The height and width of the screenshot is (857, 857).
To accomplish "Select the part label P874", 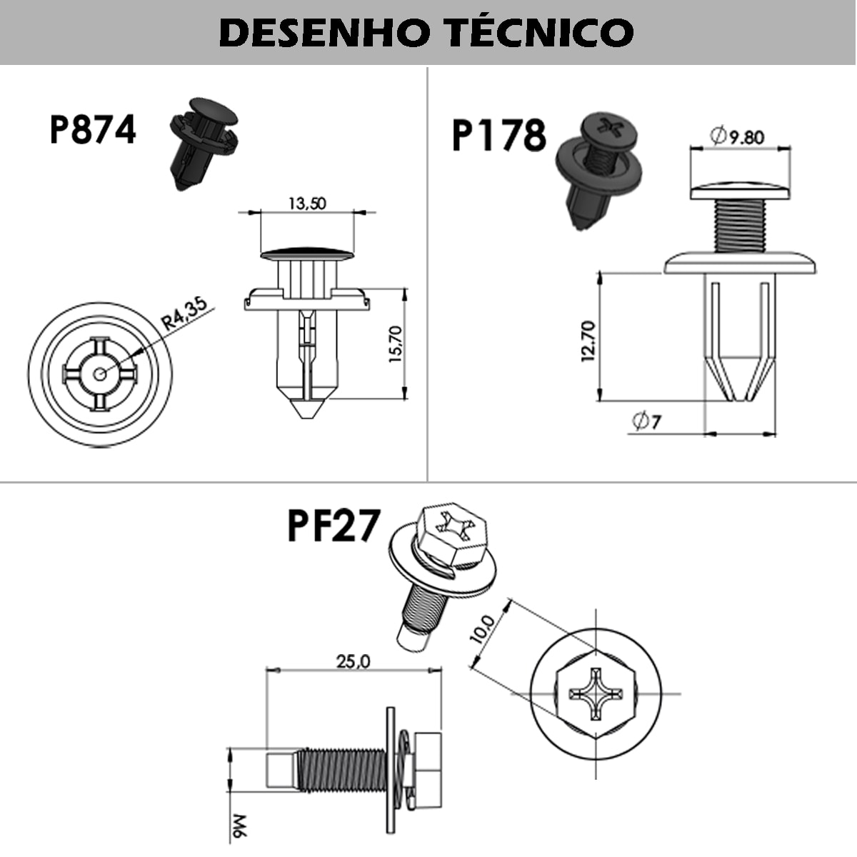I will point(92,130).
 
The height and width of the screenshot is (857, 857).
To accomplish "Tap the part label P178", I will point(498,136).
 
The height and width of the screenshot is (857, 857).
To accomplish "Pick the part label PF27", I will point(333,526).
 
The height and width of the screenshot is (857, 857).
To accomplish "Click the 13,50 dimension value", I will point(307,204).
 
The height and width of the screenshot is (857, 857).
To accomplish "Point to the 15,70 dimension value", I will point(396,344).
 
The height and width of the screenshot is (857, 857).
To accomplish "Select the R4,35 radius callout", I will point(184,314).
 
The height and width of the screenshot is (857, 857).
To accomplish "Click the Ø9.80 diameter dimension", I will point(738,136).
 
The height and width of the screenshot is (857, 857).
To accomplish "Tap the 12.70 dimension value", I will point(588,341).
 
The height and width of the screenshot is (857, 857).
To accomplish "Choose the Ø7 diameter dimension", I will point(646,422).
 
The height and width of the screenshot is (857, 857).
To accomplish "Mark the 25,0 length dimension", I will point(353,661).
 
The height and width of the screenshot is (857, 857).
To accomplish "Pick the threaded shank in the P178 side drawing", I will point(740,225).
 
